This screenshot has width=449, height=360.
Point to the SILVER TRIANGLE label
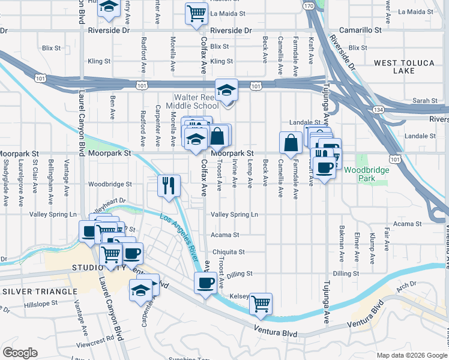(x=40, y=291)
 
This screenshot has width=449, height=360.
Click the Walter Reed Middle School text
(x=196, y=101)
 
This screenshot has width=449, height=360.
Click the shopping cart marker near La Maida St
(x=196, y=12)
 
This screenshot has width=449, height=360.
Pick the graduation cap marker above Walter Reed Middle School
(x=226, y=89)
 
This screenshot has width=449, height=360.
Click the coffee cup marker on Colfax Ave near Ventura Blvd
(x=205, y=281)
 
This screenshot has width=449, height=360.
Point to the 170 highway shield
(x=309, y=5)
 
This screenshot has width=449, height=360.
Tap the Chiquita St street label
(x=228, y=252)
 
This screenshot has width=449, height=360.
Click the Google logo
(x=20, y=353)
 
